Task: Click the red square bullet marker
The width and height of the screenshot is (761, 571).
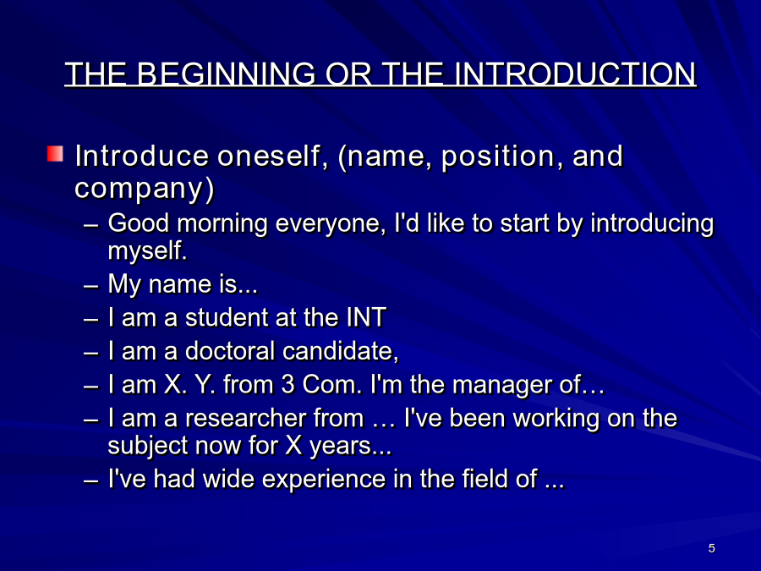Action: pos(55,154)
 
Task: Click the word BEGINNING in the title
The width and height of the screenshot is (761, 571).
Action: pos(226,74)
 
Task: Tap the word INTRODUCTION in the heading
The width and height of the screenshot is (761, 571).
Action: pos(576,74)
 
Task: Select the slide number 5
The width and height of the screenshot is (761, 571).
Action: pos(711,548)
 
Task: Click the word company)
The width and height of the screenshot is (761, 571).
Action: pos(144,188)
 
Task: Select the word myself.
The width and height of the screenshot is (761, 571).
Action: pos(147,251)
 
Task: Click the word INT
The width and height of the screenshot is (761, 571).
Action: pos(366,317)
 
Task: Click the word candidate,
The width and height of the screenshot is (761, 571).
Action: pos(341,350)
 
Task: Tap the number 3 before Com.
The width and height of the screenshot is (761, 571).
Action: pos(287,385)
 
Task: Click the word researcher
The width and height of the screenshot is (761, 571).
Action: pos(274,418)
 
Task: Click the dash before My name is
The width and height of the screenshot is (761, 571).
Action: pos(90,286)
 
